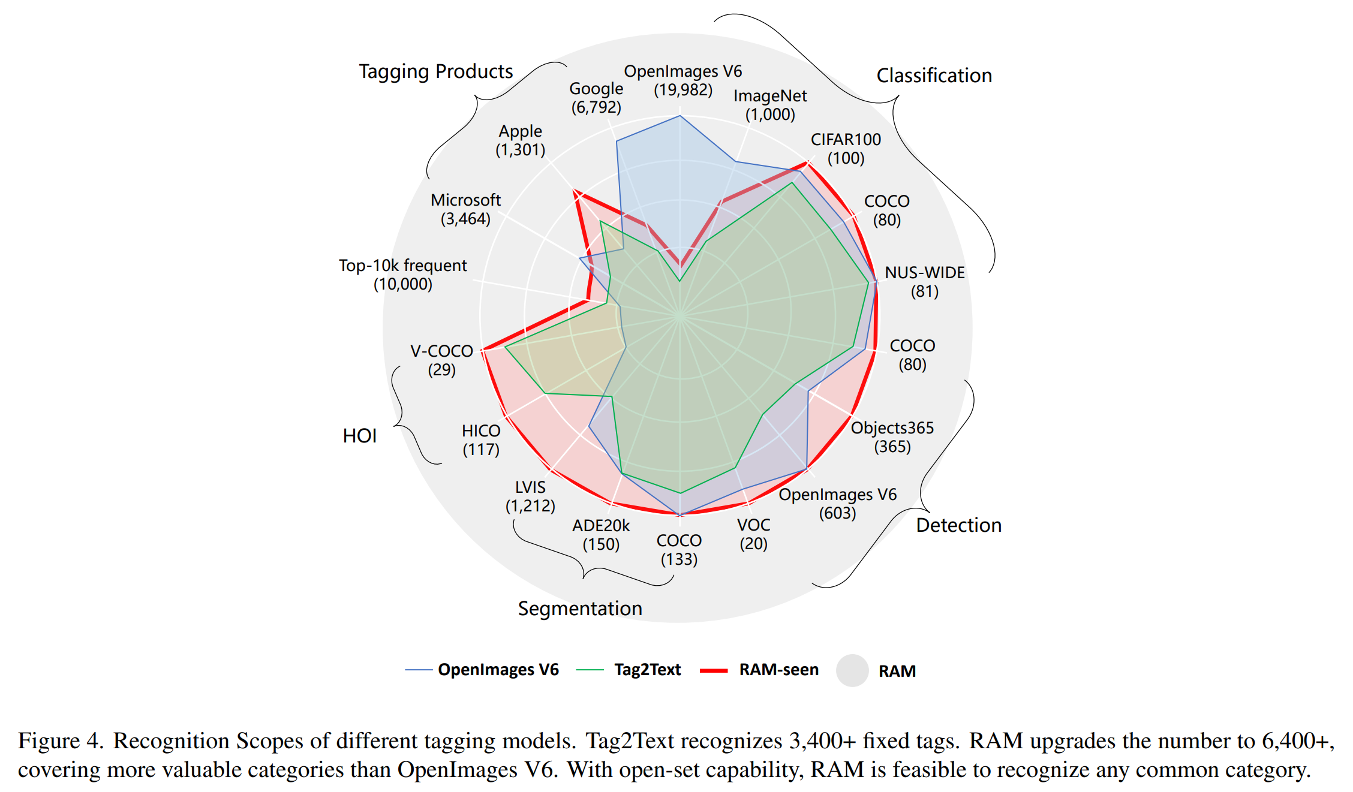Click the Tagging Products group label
(x=436, y=71)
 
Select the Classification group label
(x=934, y=76)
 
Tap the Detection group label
(x=958, y=525)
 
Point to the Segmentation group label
(x=580, y=609)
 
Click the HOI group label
(x=359, y=436)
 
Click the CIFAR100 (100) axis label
(x=846, y=149)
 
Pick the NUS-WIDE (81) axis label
(x=924, y=282)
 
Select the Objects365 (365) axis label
(x=892, y=437)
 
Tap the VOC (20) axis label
(x=753, y=534)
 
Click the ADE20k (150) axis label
(x=601, y=535)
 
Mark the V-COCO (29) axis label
(x=441, y=360)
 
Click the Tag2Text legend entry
(x=647, y=670)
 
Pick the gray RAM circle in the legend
(x=852, y=670)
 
